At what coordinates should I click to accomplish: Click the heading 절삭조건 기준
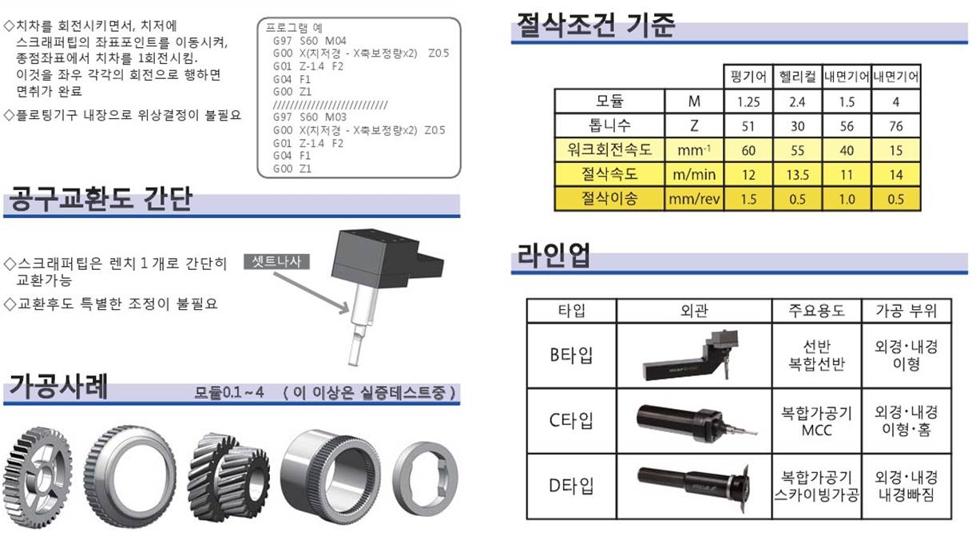pos(596,26)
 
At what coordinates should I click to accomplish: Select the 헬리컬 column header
pos(798,77)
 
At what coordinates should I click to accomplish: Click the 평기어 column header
pos(748,77)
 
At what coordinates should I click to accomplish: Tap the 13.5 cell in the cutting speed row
pos(798,174)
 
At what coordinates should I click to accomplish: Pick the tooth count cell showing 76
pos(895,126)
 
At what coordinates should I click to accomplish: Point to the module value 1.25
pos(748,101)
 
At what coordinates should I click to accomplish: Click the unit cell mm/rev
pos(694,199)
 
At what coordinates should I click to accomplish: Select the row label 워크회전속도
pos(609,149)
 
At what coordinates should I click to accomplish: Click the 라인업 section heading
pos(553,256)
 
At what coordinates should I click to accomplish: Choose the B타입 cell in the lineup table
pos(571,355)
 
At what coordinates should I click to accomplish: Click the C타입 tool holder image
pos(696,423)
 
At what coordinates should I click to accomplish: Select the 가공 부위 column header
pos(906,311)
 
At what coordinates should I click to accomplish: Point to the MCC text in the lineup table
pos(816,431)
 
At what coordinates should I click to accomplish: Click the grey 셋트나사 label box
pos(276,261)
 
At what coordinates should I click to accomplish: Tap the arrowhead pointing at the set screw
pos(345,308)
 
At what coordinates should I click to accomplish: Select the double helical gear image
pos(228,476)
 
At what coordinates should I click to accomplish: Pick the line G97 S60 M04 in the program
pos(309,41)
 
